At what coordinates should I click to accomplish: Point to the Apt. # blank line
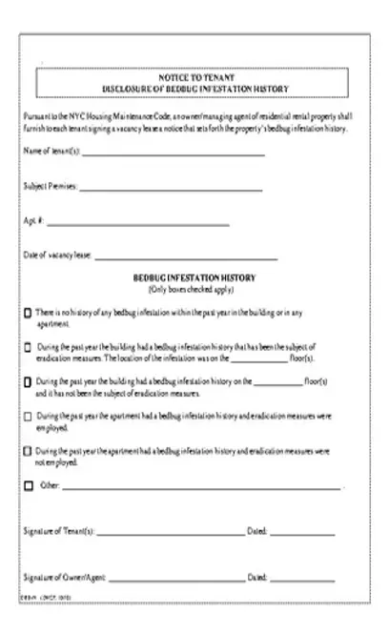click(x=137, y=224)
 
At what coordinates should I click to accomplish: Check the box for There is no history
click(x=28, y=313)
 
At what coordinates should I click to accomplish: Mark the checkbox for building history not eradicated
click(x=28, y=381)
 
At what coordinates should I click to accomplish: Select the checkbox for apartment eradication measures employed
click(x=28, y=417)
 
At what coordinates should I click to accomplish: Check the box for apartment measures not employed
click(x=28, y=449)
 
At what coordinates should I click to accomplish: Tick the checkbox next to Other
click(x=28, y=485)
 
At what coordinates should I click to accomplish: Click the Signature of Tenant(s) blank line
click(x=169, y=531)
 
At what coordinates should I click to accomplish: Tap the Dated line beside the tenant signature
click(x=302, y=531)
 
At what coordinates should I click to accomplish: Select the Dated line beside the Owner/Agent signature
click(x=302, y=578)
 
